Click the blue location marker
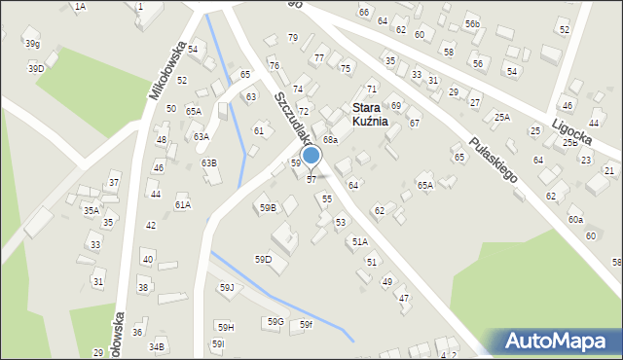click(311, 155)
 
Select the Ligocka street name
click(571, 133)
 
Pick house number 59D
click(264, 259)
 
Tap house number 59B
click(267, 207)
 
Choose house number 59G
click(275, 321)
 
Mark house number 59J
click(227, 287)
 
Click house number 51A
click(360, 241)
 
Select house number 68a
click(331, 140)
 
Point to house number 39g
click(32, 44)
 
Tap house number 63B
click(208, 162)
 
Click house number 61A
click(183, 205)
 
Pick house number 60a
click(576, 220)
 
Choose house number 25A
click(501, 117)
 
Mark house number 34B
click(158, 346)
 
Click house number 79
click(292, 37)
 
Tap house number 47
click(404, 298)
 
